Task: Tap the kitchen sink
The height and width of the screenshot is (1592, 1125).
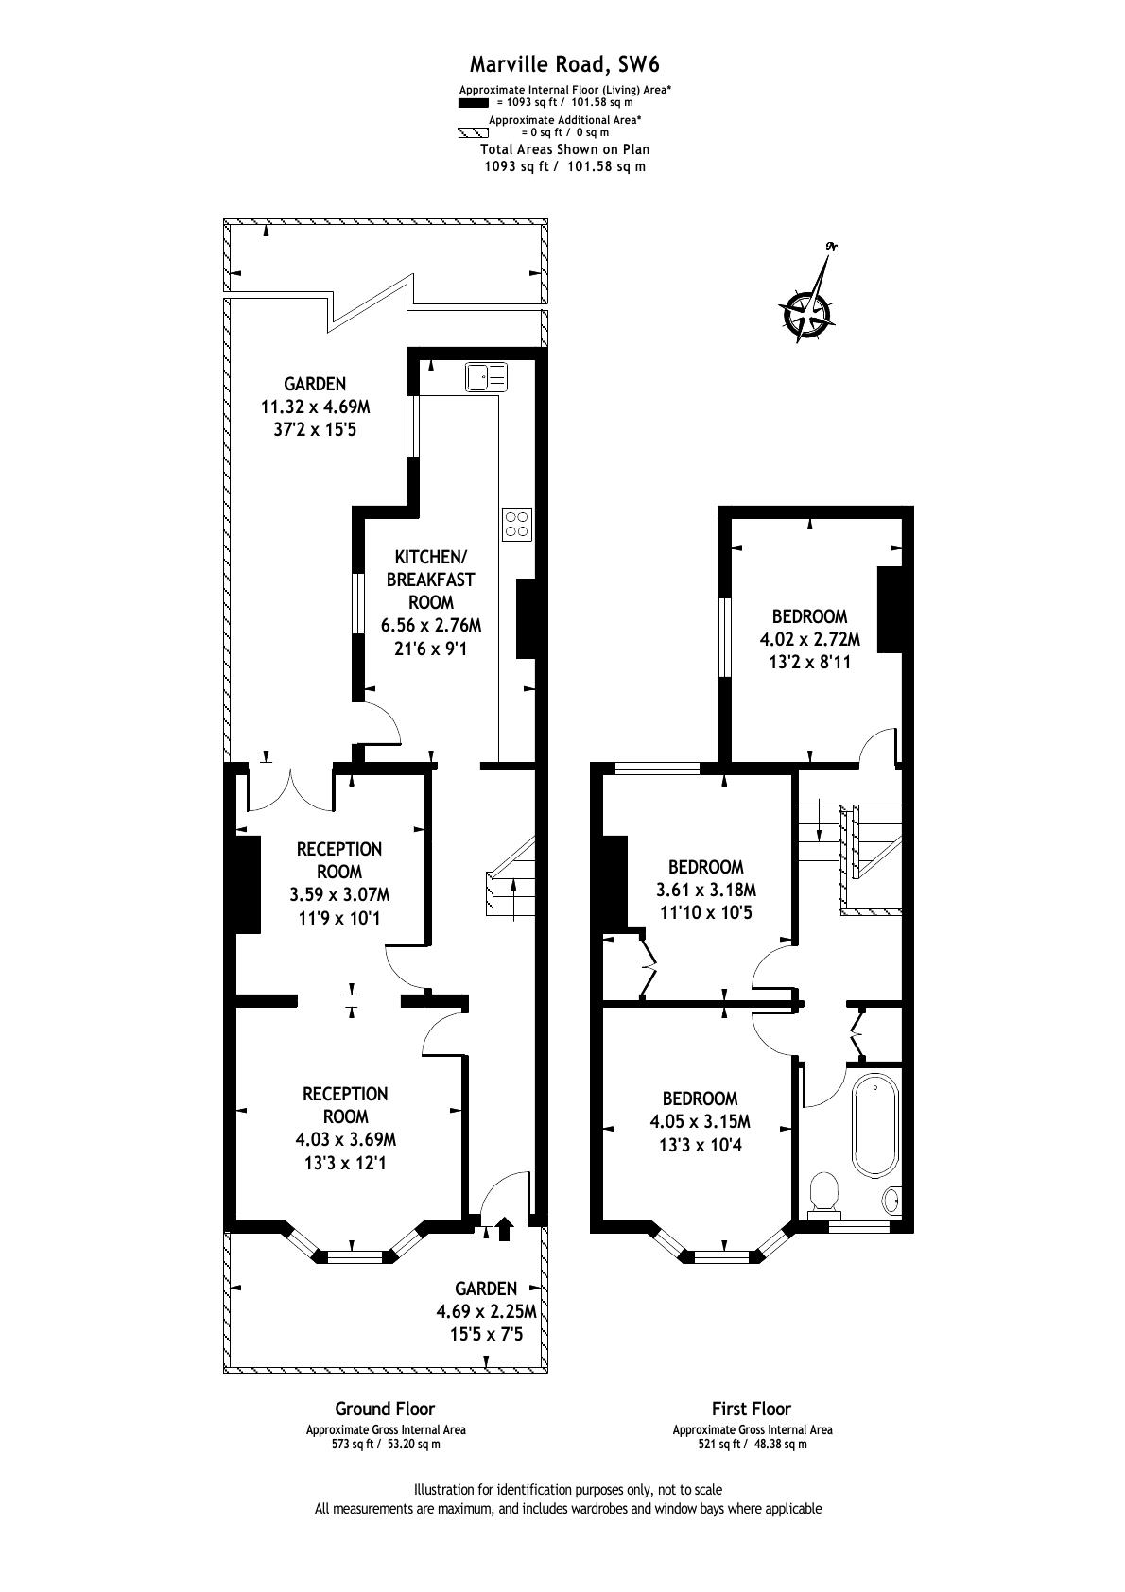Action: tap(487, 376)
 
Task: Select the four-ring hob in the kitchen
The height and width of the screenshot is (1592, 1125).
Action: tap(517, 525)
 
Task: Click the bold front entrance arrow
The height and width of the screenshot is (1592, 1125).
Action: tap(505, 1230)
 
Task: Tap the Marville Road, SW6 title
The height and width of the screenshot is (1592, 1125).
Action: tap(564, 64)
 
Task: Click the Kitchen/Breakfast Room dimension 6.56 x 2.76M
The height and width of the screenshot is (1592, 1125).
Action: tap(431, 626)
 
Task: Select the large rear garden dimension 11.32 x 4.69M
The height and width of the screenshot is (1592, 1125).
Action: tap(316, 407)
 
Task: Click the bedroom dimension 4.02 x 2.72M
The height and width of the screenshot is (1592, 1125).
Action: tap(809, 639)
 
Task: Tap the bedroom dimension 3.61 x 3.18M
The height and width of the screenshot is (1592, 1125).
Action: tap(705, 890)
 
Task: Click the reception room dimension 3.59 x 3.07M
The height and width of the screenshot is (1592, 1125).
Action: tap(339, 894)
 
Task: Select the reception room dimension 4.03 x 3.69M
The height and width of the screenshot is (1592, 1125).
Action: tap(345, 1140)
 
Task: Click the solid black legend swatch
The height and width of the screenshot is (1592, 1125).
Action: tap(474, 103)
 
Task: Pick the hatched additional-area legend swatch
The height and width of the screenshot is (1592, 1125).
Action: tap(474, 133)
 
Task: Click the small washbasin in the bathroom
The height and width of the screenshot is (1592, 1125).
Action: tap(891, 1202)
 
